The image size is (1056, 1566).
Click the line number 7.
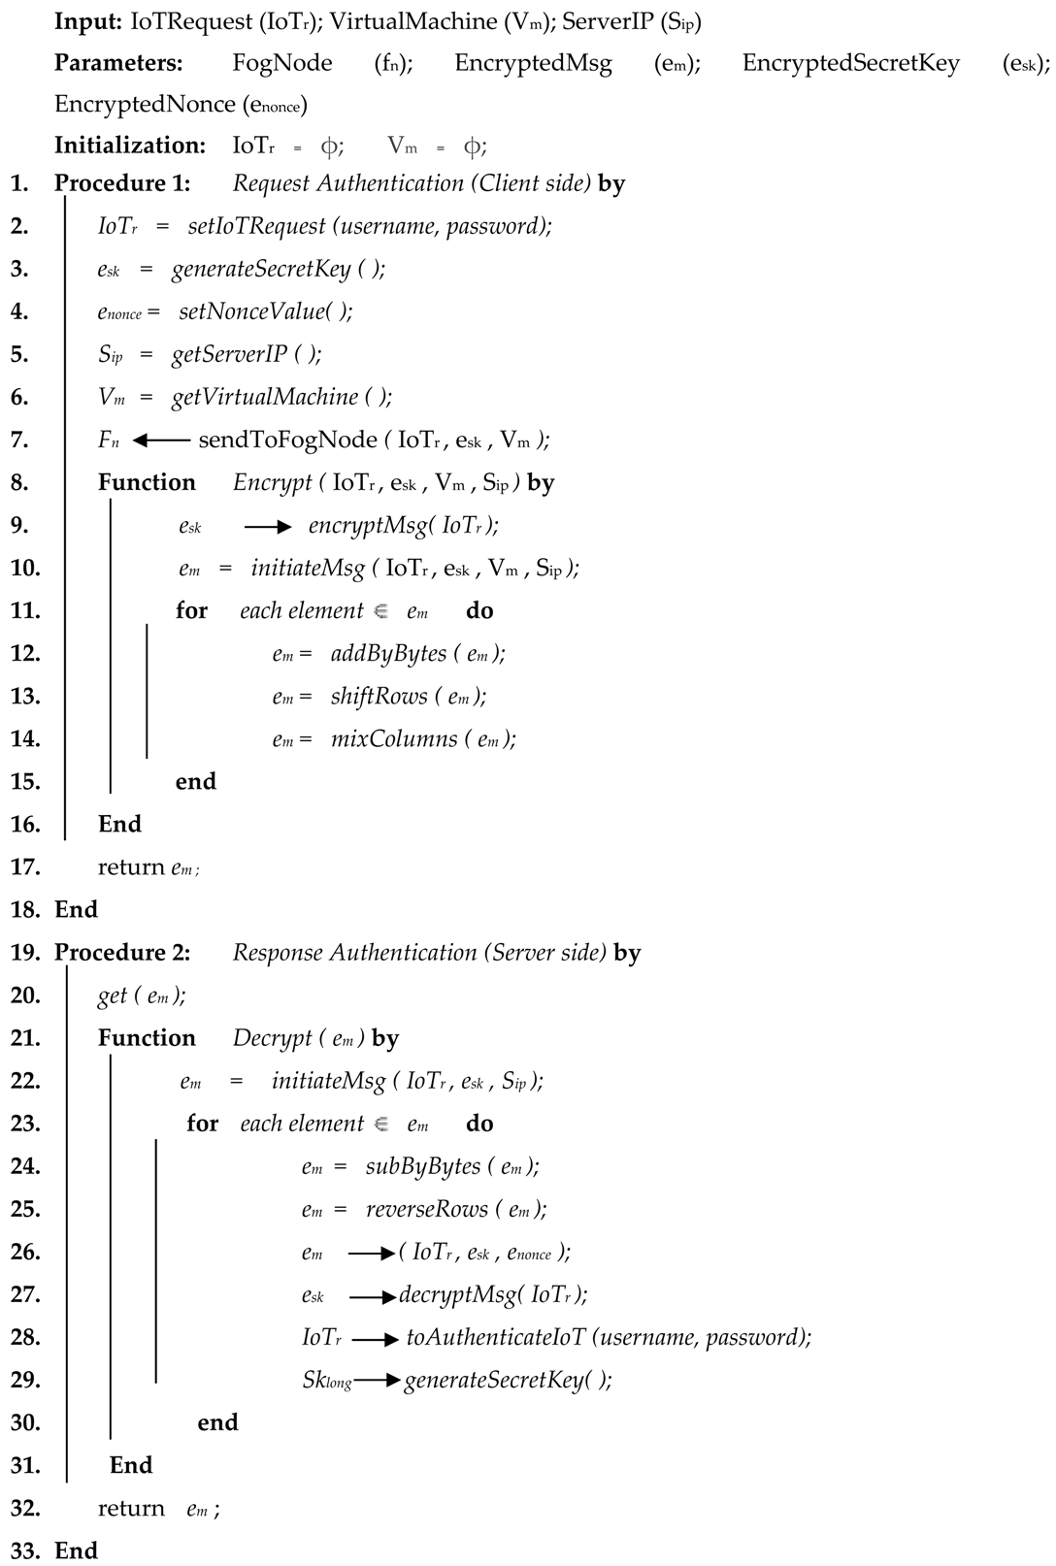pos(18,440)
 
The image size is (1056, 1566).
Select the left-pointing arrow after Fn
pos(161,440)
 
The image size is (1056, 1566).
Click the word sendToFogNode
pos(287,440)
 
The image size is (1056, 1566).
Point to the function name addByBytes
pos(388,654)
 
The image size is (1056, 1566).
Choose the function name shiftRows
pos(379,697)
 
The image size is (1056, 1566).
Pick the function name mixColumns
pos(393,739)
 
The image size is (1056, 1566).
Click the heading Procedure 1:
pos(122,183)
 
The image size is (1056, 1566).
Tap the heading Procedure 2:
pos(122,953)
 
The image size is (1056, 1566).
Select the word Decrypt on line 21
pos(272,1039)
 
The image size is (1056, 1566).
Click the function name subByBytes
pos(422,1166)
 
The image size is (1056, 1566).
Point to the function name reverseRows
pos(426,1209)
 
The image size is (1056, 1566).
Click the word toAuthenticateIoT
pos(496,1338)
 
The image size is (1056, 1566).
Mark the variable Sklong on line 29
pos(326,1381)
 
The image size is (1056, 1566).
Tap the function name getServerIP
pos(230,355)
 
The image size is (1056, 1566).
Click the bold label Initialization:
pos(130,146)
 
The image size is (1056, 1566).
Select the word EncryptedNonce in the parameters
pos(145,105)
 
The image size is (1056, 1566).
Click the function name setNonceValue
pos(251,312)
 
